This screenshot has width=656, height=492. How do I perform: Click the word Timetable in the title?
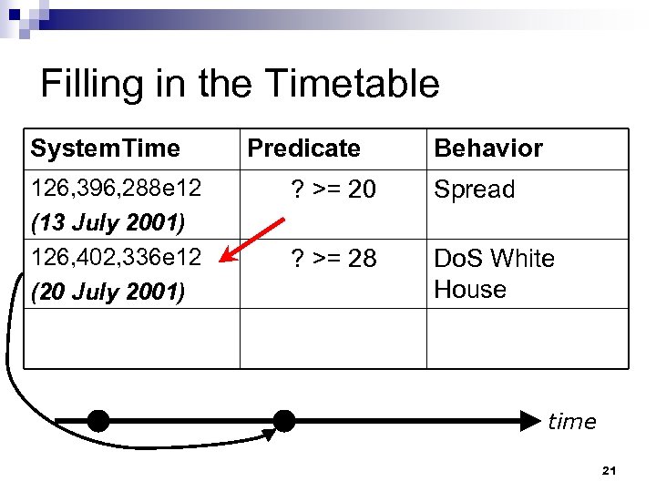click(x=353, y=84)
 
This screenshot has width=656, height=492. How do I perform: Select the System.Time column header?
click(x=105, y=148)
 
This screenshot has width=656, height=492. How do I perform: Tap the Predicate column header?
click(x=303, y=148)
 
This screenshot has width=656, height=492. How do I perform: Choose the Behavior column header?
click(x=488, y=148)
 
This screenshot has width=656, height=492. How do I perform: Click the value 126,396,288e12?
click(x=116, y=190)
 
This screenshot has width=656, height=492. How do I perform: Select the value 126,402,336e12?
click(x=116, y=258)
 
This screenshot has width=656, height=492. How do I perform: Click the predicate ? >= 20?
click(x=333, y=190)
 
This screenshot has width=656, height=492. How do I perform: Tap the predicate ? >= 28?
click(x=333, y=259)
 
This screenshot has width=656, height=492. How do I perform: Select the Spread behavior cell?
click(x=475, y=190)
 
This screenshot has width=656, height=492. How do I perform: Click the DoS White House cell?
click(x=494, y=273)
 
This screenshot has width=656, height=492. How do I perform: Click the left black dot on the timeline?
click(x=98, y=421)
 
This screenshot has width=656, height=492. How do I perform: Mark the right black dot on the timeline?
click(x=284, y=421)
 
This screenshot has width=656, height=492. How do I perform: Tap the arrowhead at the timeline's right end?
click(x=530, y=421)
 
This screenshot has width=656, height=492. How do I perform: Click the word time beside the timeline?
click(x=572, y=422)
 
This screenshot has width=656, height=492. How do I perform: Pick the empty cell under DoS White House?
click(x=527, y=338)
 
